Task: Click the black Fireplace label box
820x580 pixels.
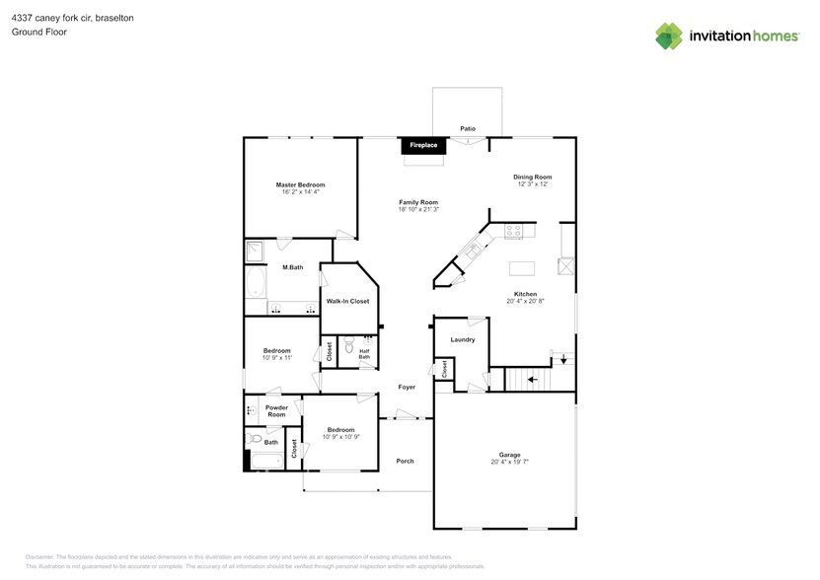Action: [423, 146]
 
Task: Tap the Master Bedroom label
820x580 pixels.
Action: [300, 184]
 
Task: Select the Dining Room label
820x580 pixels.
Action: [532, 177]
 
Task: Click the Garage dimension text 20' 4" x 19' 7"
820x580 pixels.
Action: [509, 462]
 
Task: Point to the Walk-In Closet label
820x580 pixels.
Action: [347, 301]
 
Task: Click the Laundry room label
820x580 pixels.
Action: [463, 339]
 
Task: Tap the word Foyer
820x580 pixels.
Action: [407, 388]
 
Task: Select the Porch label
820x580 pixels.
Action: [405, 461]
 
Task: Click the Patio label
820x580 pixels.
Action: [468, 128]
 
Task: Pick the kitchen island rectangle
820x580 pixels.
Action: [522, 267]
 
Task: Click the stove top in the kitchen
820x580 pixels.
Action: [513, 231]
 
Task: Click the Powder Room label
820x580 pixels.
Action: [276, 410]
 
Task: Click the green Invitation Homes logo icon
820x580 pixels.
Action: [669, 36]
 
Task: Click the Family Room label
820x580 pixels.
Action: [418, 201]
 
